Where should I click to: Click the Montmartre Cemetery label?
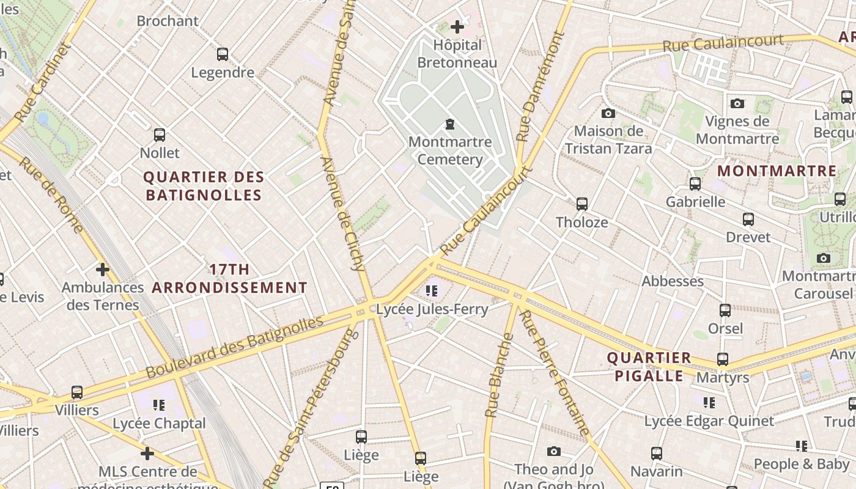[x=450, y=150]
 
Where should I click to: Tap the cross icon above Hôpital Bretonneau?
[x=457, y=26]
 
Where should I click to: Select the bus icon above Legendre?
[x=223, y=54]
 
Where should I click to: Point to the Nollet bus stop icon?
[x=160, y=134]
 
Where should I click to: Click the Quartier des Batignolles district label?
[x=204, y=186]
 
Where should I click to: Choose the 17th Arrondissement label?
[x=229, y=278]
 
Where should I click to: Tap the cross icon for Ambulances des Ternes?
[x=103, y=269]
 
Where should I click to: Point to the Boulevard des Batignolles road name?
[x=235, y=347]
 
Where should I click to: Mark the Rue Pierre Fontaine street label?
[x=555, y=373]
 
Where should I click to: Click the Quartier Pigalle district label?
[x=649, y=367]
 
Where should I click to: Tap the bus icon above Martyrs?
[x=723, y=359]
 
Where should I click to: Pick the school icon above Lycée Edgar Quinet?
[x=709, y=402]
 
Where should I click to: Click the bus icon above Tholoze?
[x=582, y=204]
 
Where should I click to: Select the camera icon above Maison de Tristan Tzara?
[x=608, y=113]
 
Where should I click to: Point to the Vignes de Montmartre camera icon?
[x=737, y=103]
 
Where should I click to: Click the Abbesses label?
[x=673, y=281]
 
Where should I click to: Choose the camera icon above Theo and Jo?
[x=554, y=451]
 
